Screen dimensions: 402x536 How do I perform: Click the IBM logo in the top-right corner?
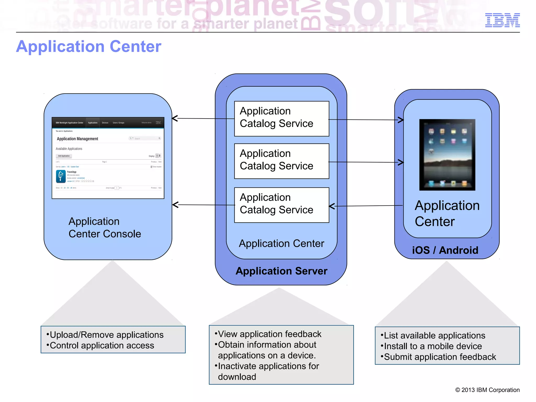502,20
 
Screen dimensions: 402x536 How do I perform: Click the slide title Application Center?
88,47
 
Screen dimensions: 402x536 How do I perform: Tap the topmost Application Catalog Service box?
281,119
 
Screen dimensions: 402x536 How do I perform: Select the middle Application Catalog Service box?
281,161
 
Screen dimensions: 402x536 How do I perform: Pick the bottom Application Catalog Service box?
281,205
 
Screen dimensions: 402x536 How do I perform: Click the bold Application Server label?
281,271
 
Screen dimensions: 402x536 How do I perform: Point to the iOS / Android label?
445,250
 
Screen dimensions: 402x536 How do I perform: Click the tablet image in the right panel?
447,155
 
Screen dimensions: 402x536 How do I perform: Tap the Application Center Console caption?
105,227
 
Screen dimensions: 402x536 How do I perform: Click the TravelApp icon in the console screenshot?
61,176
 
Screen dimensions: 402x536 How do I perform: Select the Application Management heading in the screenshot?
77,139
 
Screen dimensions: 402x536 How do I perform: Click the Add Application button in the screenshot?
64,156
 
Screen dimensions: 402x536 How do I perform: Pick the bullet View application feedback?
269,334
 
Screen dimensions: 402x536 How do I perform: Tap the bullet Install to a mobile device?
433,346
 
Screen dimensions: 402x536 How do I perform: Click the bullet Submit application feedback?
440,357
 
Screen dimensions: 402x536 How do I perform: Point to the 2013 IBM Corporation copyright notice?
487,390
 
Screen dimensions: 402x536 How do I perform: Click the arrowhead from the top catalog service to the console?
175,118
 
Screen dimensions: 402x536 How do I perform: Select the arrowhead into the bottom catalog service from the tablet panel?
332,206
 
